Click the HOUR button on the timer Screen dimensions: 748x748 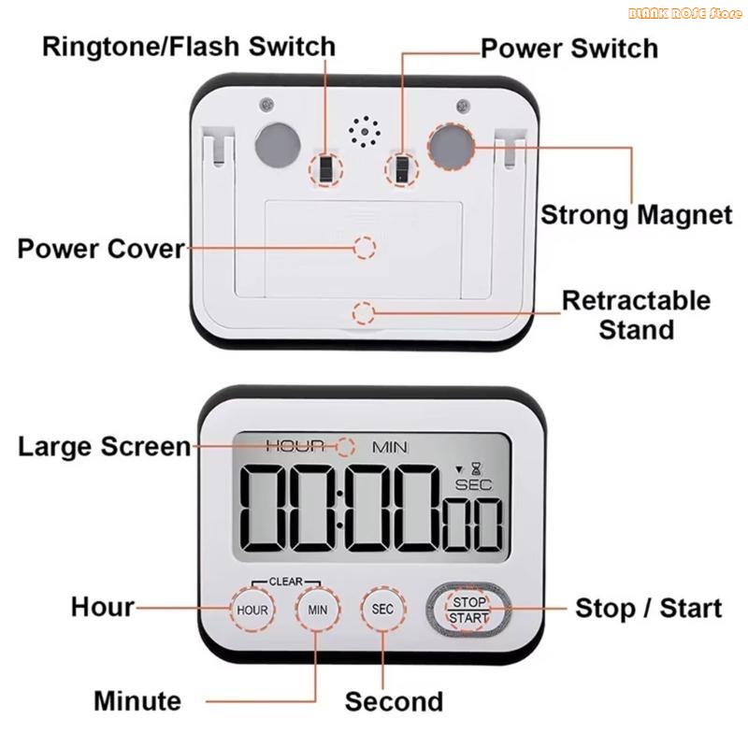point(252,610)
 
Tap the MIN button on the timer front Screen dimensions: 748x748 point(318,610)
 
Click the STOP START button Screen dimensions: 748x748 point(467,609)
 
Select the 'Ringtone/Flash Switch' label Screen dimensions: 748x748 point(188,46)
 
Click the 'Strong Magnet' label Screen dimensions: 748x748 point(637,214)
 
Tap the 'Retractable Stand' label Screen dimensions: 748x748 point(636,315)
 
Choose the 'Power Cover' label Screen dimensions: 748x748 point(101,249)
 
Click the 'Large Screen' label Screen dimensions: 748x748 point(104,446)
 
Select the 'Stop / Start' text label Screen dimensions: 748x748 point(648,608)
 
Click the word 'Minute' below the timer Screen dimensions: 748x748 point(137,700)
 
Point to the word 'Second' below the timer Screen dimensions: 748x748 point(394,701)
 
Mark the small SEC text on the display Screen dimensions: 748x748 point(473,484)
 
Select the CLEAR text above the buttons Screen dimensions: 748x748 point(285,581)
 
